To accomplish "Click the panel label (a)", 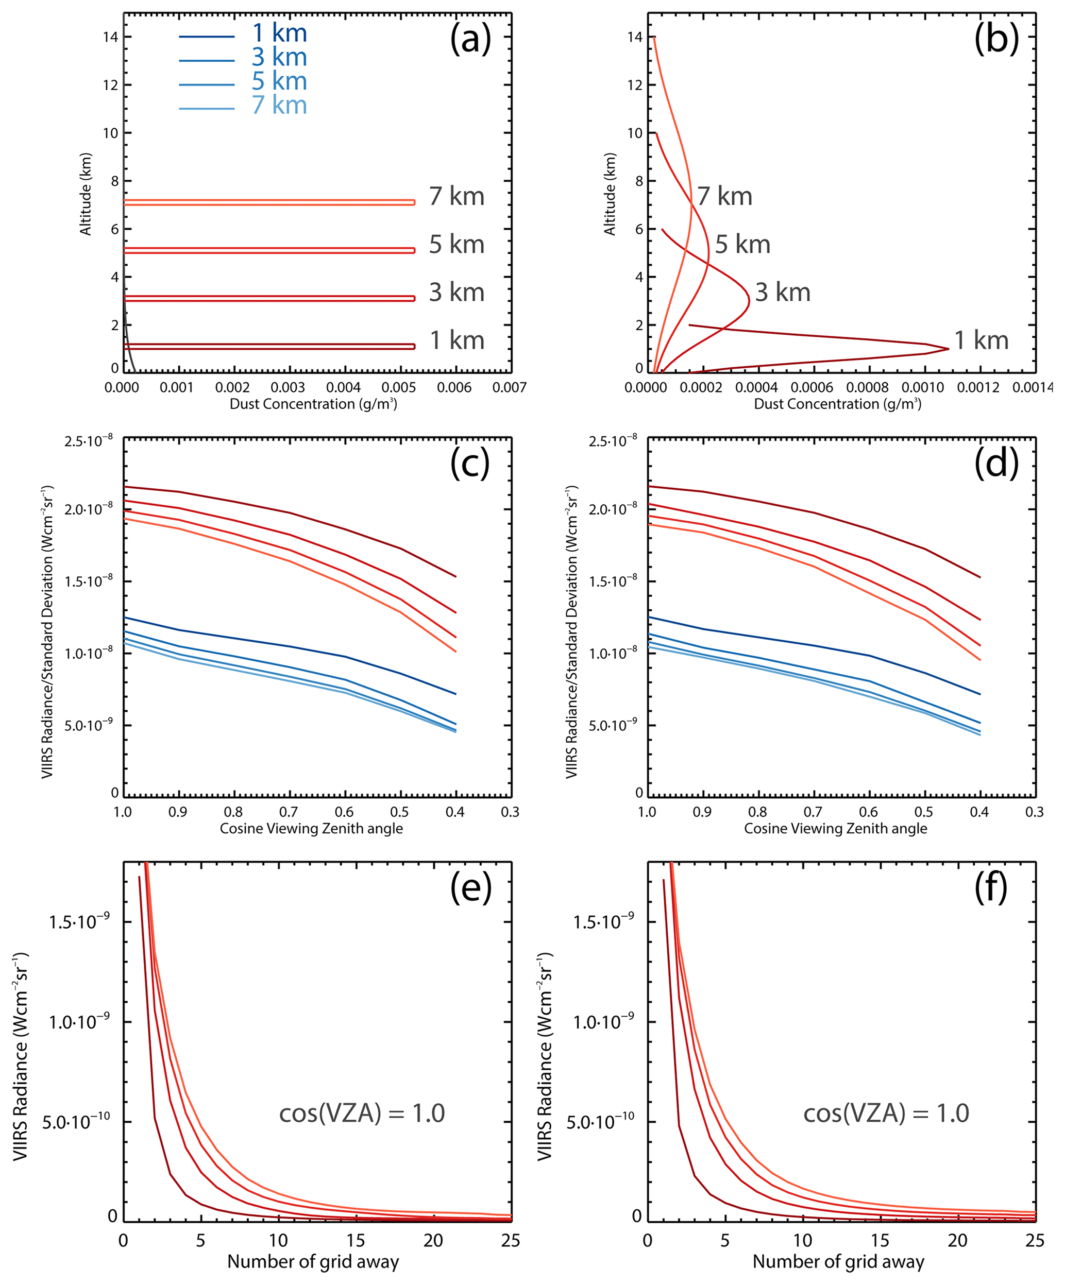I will [470, 40].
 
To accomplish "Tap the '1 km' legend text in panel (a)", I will [279, 33].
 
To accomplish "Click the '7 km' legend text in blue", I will [279, 105].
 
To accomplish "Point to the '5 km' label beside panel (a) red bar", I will [457, 244].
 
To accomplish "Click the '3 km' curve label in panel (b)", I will [782, 293].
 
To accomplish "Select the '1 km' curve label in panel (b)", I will [981, 340].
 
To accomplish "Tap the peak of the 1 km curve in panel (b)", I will [948, 349].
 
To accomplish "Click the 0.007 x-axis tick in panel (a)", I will [509, 387].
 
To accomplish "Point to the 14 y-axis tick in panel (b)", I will [635, 37].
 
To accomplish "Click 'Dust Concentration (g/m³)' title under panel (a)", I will [313, 404].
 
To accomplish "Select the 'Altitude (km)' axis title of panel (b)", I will [610, 194].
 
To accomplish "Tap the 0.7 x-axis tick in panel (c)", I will [289, 812].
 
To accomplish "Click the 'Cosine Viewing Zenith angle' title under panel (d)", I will [836, 829].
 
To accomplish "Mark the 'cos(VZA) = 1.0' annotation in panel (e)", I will [362, 1113].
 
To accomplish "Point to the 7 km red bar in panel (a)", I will [269, 202].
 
